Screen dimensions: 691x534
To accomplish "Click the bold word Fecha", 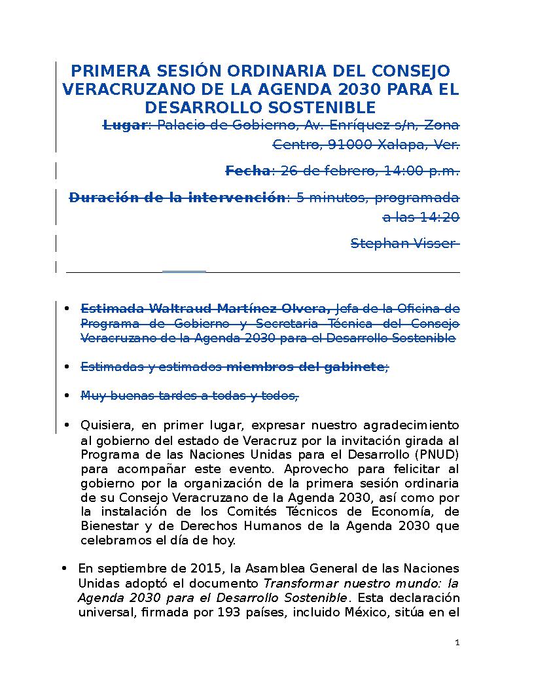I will click(247, 171).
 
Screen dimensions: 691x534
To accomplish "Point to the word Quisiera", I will click(105, 425).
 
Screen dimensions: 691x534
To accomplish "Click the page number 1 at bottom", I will click(457, 643).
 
